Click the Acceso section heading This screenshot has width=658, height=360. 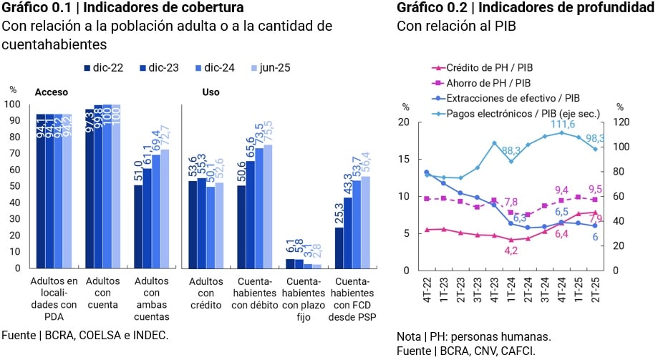[51, 92]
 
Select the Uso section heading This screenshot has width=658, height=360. [211, 92]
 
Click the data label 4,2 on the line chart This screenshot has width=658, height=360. [511, 250]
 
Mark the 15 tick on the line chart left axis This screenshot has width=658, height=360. [405, 160]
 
